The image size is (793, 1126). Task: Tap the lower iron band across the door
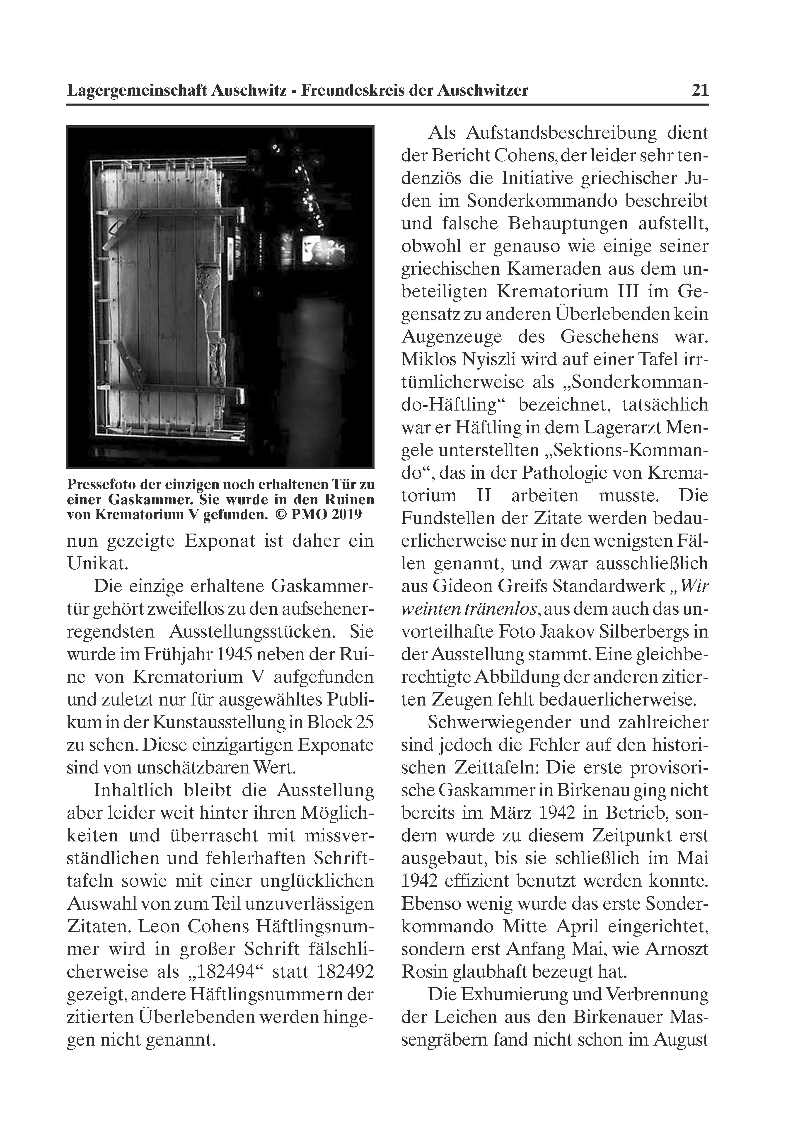click(172, 390)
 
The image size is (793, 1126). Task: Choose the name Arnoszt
click(677, 949)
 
